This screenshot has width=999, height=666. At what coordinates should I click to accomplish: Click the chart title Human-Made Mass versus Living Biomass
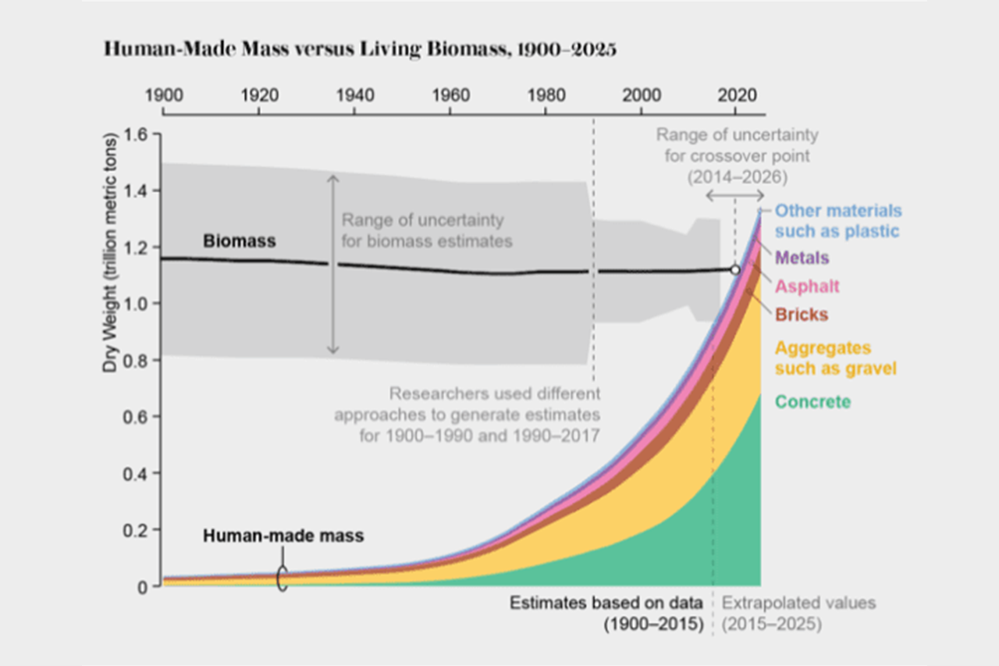[x=360, y=50]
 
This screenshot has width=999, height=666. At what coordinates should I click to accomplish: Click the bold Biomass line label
[x=239, y=241]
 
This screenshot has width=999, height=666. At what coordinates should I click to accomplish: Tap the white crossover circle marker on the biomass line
[x=734, y=269]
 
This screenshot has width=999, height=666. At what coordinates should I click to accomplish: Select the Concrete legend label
[x=812, y=402]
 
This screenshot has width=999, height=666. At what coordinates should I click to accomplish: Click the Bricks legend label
[x=802, y=315]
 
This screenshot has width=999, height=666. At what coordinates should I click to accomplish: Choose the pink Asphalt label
[x=807, y=287]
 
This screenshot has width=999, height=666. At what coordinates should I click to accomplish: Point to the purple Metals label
[x=802, y=258]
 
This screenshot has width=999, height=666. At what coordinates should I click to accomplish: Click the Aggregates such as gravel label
[x=835, y=358]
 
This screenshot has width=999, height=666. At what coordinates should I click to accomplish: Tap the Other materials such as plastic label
[x=837, y=221]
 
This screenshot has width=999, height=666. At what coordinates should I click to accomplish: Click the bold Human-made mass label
[x=283, y=536]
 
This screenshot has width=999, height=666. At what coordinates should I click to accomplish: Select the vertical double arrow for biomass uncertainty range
[x=333, y=265]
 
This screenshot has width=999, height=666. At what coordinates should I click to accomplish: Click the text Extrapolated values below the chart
[x=798, y=604]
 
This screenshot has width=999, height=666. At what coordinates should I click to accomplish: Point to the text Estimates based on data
[x=606, y=604]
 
